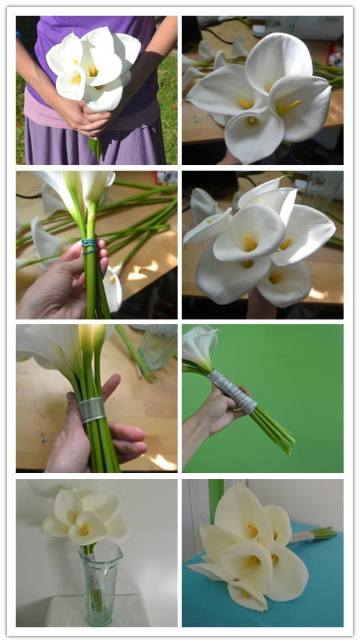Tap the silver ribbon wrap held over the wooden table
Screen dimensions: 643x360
pos(92,409)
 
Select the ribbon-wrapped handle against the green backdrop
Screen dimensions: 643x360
pos(232,390)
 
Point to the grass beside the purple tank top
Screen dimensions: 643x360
pos(168,102)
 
